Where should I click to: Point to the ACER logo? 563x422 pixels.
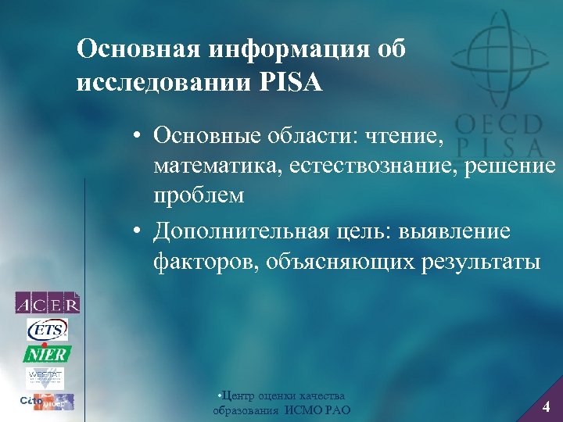[47, 302]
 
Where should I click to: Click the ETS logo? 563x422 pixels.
[47, 328]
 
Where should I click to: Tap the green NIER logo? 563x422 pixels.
[47, 353]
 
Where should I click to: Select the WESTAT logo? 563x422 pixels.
[47, 377]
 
